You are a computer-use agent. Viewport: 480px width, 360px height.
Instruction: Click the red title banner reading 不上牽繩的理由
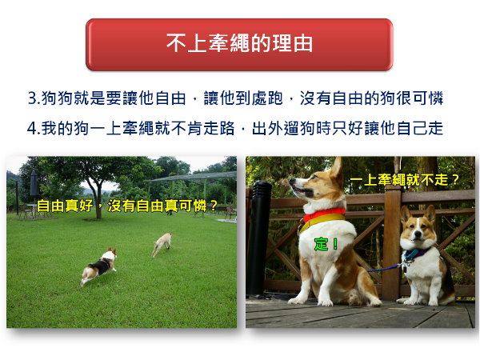(x=239, y=44)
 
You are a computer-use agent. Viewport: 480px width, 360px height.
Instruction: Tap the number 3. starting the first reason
(x=34, y=98)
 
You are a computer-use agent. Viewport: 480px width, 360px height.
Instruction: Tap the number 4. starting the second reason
(x=34, y=128)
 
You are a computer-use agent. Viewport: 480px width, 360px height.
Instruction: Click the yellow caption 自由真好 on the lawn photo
(x=65, y=206)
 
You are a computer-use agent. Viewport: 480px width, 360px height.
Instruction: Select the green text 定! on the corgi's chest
(x=326, y=244)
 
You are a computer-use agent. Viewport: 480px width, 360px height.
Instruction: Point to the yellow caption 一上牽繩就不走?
(x=404, y=180)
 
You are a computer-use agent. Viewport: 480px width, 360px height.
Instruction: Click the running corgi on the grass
(x=99, y=266)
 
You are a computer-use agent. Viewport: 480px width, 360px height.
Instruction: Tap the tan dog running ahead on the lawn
(x=162, y=244)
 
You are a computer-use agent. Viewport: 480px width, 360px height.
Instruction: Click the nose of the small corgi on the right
(x=418, y=234)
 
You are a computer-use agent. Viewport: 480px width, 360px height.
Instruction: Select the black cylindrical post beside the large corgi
(x=259, y=238)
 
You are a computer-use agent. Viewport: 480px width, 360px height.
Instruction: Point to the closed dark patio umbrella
(x=34, y=184)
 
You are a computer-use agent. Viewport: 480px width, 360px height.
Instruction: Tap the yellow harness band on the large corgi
(x=322, y=221)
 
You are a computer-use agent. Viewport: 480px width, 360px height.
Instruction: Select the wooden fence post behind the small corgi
(x=392, y=242)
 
